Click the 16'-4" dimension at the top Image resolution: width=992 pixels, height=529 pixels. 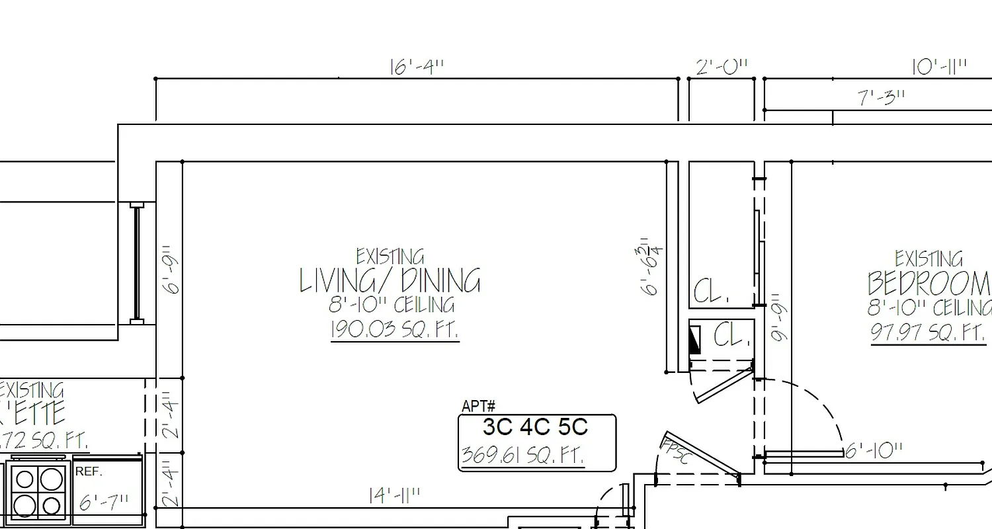pyautogui.click(x=417, y=67)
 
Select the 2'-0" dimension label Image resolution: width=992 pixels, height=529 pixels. pyautogui.click(x=722, y=67)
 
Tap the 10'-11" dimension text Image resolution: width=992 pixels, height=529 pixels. pyautogui.click(x=939, y=67)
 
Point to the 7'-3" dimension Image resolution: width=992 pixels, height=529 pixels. pyautogui.click(x=882, y=98)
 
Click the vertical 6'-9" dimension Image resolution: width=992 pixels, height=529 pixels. pyautogui.click(x=171, y=270)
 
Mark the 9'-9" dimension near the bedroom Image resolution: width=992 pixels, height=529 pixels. pyautogui.click(x=780, y=317)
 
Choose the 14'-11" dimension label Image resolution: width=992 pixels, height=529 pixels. pyautogui.click(x=394, y=496)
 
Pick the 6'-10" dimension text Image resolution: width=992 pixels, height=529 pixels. pyautogui.click(x=874, y=451)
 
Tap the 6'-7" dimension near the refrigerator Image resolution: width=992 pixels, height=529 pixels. pyautogui.click(x=104, y=503)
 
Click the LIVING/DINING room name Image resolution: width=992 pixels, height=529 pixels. pyautogui.click(x=390, y=281)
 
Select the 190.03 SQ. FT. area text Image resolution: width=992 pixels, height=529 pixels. pyautogui.click(x=394, y=329)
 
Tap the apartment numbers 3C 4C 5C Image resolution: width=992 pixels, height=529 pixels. pyautogui.click(x=535, y=427)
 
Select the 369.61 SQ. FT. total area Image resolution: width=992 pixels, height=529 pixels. pyautogui.click(x=522, y=456)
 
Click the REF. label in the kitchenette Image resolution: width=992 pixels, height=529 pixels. pyautogui.click(x=89, y=472)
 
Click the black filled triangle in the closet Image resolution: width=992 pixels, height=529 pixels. pyautogui.click(x=694, y=340)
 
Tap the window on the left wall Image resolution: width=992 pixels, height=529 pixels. pyautogui.click(x=137, y=263)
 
